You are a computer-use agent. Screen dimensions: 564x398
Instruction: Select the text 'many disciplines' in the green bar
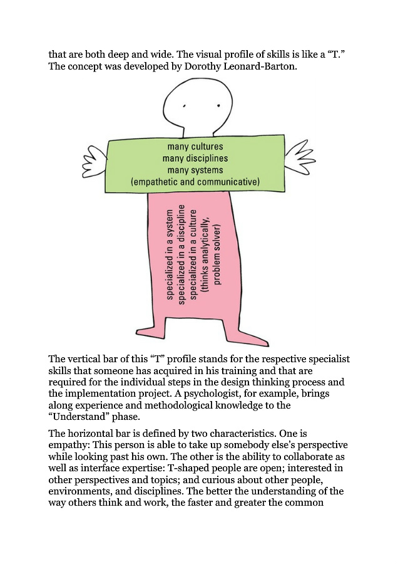coord(195,159)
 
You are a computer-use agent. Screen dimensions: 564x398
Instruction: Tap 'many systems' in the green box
coord(195,170)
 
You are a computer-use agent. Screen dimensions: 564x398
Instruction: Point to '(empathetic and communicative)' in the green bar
coord(195,182)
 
